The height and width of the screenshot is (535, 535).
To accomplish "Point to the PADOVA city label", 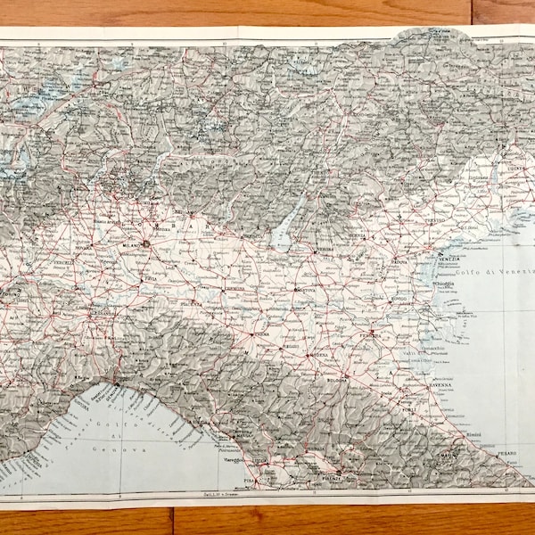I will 398,263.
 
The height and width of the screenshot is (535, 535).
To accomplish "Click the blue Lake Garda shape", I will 283,233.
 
